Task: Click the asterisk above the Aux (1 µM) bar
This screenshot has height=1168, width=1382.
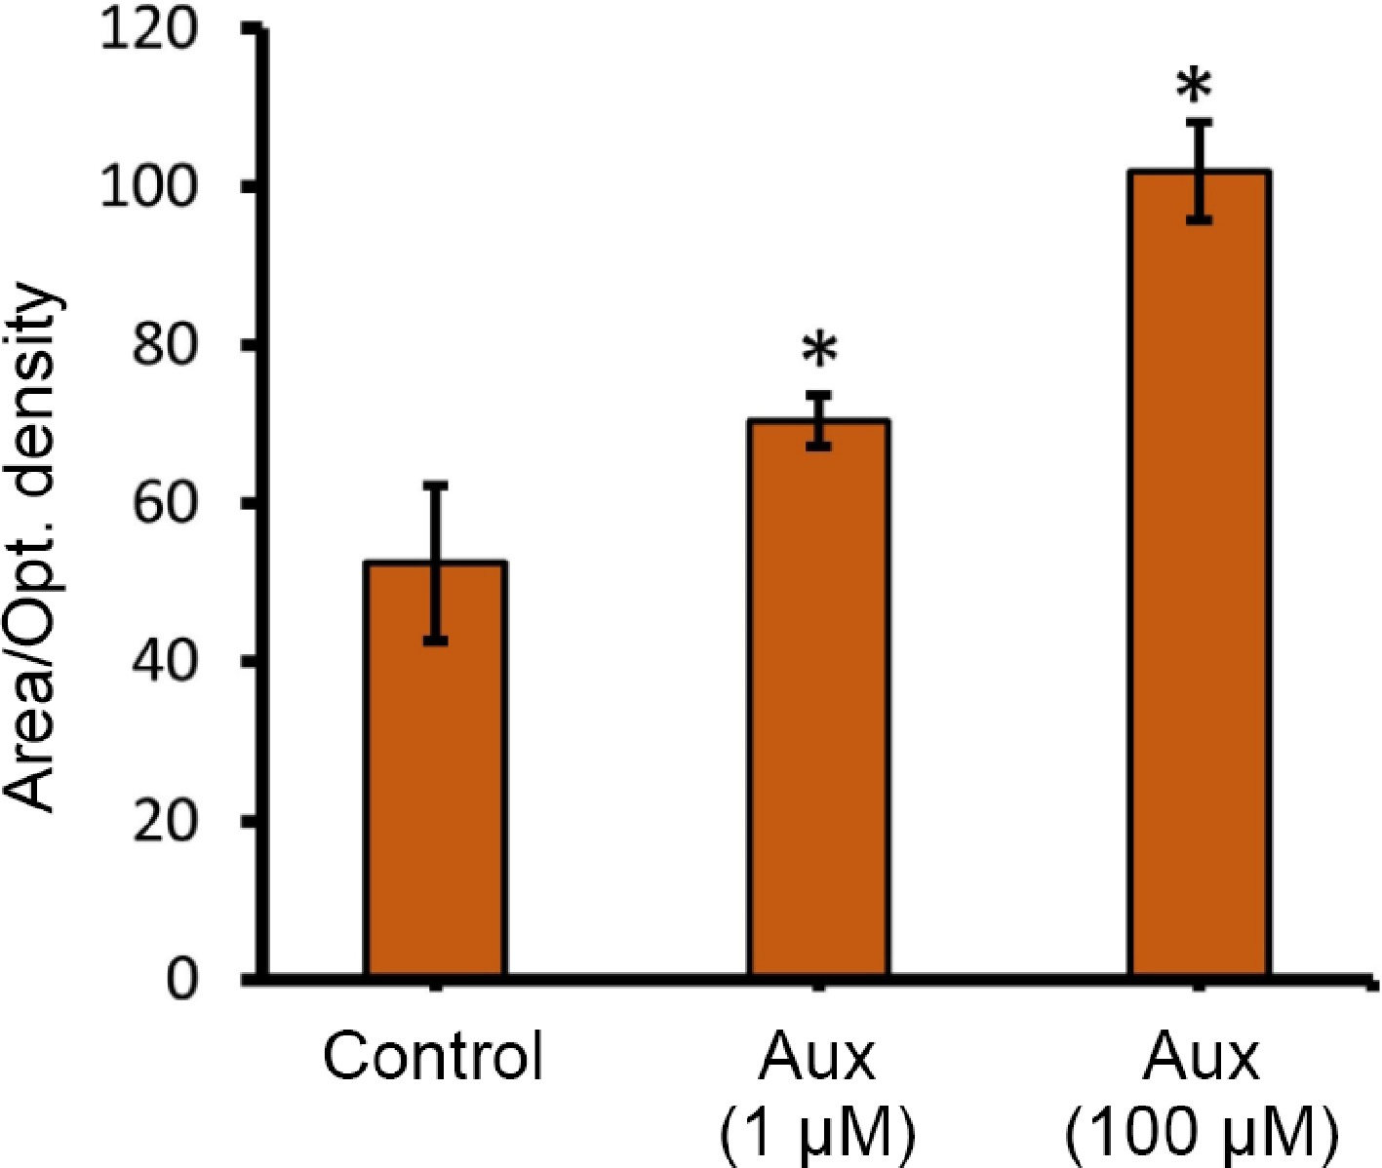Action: pyautogui.click(x=819, y=351)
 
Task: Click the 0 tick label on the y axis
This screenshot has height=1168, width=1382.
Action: pyautogui.click(x=181, y=978)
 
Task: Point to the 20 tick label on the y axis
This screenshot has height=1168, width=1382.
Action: pyautogui.click(x=166, y=821)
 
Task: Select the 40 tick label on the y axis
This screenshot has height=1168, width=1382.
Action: pyautogui.click(x=166, y=663)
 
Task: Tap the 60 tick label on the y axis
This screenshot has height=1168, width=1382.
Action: pyautogui.click(x=166, y=504)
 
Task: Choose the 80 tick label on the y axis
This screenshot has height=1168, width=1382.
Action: pyautogui.click(x=166, y=346)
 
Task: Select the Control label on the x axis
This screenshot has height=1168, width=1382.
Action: pyautogui.click(x=433, y=1056)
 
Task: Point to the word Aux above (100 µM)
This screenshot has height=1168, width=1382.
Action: pyautogui.click(x=1201, y=1056)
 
